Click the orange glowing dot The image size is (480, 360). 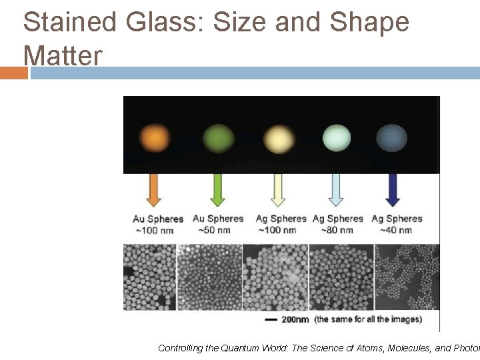(155, 138)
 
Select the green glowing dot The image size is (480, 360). (218, 138)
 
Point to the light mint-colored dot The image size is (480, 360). (337, 138)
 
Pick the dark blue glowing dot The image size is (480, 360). (391, 139)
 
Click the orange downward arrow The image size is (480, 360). (155, 190)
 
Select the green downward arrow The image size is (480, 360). (217, 190)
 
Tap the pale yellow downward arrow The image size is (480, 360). (279, 190)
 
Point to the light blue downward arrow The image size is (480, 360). (337, 190)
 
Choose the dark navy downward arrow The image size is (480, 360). (393, 190)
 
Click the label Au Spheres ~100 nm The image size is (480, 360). (157, 225)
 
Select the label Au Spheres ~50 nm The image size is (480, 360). (218, 224)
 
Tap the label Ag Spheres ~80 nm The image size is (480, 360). (338, 224)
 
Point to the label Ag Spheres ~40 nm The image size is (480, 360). (397, 224)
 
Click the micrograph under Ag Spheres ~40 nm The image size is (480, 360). (407, 277)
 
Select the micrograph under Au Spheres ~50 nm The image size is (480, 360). (209, 277)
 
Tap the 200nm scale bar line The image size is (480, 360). (271, 320)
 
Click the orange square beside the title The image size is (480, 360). (13, 73)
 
